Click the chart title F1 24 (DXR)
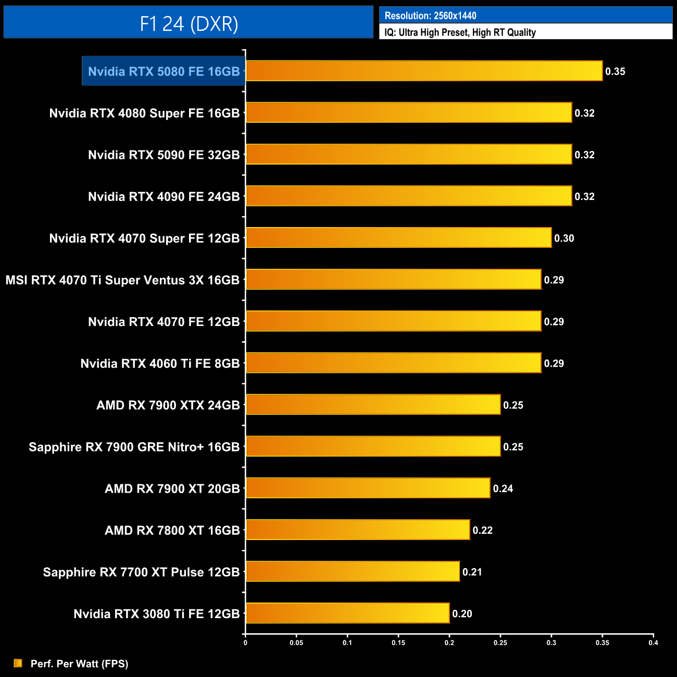189,23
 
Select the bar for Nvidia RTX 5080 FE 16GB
424,71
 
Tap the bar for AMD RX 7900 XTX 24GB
373,405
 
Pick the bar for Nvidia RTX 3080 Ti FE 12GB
347,613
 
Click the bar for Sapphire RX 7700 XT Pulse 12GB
353,571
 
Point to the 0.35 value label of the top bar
615,71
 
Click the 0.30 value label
564,238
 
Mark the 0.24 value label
503,488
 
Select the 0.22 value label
483,530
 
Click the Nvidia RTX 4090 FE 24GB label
164,196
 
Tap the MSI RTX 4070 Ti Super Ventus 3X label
122,280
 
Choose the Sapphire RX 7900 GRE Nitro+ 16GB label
134,447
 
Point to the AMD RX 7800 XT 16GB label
172,530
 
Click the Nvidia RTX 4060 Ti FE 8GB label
160,363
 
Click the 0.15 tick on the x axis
398,643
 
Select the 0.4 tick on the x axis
653,643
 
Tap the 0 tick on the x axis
245,643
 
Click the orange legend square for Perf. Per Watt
18,663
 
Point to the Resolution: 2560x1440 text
430,16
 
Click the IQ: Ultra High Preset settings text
460,32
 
